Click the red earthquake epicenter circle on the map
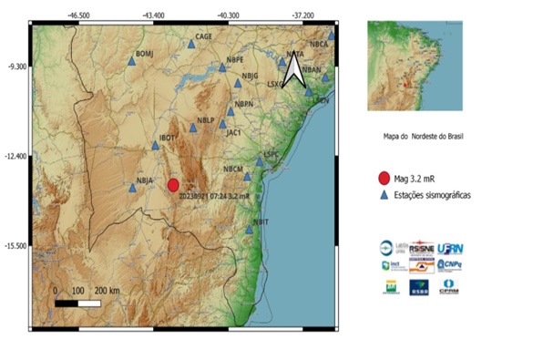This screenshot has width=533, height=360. tap(173, 184)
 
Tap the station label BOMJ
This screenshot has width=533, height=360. tap(146, 55)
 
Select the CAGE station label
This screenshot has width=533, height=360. tap(204, 36)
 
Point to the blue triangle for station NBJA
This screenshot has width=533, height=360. tap(132, 190)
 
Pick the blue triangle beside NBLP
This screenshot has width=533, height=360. tap(193, 129)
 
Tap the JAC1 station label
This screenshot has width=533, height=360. tap(233, 132)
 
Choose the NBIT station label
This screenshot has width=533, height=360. tap(261, 221)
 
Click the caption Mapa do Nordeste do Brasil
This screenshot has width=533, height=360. tap(424, 136)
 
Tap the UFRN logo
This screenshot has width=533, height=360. tap(450, 248)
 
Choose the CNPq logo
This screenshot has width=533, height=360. tap(450, 265)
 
